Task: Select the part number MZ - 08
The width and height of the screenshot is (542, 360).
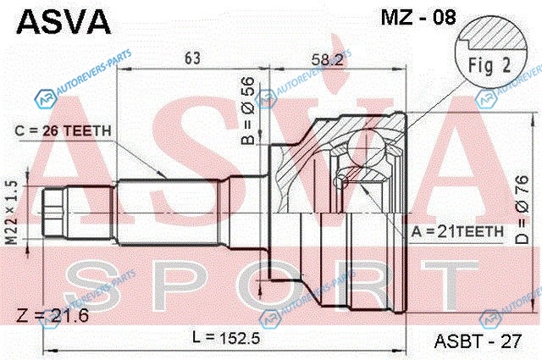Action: click(x=418, y=17)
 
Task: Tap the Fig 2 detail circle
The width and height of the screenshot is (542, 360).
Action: click(x=490, y=51)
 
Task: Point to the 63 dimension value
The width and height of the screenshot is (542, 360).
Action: click(x=192, y=58)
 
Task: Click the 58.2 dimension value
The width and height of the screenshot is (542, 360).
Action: click(x=328, y=60)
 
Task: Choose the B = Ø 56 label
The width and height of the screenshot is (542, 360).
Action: click(x=248, y=111)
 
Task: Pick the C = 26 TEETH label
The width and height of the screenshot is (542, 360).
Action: click(x=64, y=130)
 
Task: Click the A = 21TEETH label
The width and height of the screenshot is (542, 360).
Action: click(x=457, y=231)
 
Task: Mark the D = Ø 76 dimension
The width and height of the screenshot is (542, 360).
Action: click(x=523, y=210)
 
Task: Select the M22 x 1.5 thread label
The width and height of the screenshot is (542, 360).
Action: click(x=13, y=212)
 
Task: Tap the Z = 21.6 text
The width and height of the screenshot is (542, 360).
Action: click(x=53, y=315)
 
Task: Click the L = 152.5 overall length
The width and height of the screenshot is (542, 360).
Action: click(x=226, y=337)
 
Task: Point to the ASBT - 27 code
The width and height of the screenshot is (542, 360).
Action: click(x=478, y=341)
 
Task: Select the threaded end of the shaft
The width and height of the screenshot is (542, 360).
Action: click(x=54, y=213)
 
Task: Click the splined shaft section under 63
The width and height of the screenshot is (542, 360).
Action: click(x=169, y=212)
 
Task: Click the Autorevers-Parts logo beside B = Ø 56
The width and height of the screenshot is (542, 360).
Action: click(x=265, y=99)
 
